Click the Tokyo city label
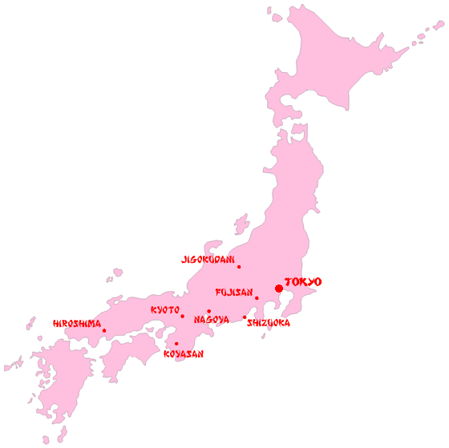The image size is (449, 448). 303,282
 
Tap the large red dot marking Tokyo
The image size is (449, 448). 278,289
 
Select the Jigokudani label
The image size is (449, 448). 208,260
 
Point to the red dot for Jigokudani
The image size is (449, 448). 238,267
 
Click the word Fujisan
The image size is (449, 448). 234,293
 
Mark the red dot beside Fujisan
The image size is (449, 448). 257,298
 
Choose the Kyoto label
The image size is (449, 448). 165,310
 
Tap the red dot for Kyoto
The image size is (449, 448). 182,316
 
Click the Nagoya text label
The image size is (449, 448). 212,320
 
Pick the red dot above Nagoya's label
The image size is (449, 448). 208,311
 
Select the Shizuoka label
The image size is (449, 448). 269,323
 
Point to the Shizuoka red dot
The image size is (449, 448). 245,317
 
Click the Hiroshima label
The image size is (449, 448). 77,324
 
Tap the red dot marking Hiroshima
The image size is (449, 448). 103,330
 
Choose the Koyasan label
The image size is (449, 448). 184,353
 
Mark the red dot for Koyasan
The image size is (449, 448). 176,344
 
